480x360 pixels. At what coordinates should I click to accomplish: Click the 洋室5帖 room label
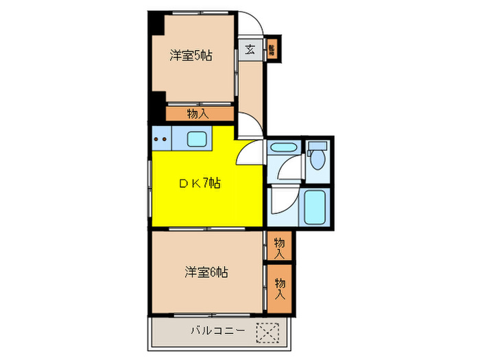click(x=191, y=56)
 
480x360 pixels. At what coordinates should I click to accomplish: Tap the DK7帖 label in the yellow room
click(x=200, y=183)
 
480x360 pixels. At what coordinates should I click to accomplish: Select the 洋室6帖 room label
click(x=206, y=272)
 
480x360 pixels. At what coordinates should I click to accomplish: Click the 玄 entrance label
click(x=250, y=49)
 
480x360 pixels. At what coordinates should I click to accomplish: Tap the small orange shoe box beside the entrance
click(x=272, y=49)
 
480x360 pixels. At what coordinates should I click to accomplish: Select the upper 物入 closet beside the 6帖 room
click(x=278, y=247)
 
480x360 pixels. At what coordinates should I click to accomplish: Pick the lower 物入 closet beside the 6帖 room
click(x=280, y=288)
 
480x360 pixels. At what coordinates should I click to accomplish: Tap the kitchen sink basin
click(x=199, y=139)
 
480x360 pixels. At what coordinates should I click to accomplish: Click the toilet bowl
click(x=317, y=160)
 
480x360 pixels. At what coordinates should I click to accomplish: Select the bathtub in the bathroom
click(x=317, y=206)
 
